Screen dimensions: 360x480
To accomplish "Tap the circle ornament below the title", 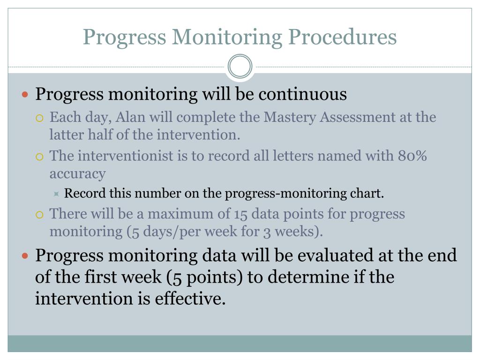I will (x=240, y=67).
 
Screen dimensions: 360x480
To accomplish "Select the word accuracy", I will (x=77, y=173).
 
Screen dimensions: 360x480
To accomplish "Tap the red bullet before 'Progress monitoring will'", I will (x=26, y=95).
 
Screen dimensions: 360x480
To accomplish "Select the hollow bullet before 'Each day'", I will (x=40, y=117).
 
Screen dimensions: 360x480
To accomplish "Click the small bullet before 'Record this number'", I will (x=56, y=194).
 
